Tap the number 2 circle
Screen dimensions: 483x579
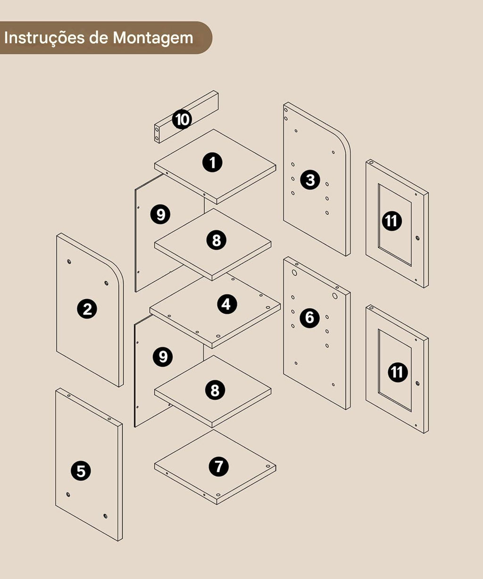87,309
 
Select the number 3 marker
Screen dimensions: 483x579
310,179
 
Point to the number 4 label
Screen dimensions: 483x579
227,304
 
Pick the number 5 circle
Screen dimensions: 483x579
81,471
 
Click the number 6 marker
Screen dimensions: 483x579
309,318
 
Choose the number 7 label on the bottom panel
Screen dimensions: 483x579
219,466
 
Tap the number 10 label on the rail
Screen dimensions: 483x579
182,120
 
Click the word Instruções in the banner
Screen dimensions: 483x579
44,37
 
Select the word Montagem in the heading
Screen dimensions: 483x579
153,38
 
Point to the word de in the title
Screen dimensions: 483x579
99,37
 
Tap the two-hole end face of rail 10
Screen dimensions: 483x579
157,134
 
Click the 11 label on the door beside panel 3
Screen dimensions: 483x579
391,221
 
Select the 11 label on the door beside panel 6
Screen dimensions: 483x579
398,372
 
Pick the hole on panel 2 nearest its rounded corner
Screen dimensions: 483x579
106,283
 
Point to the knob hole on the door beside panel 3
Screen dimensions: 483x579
417,238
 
